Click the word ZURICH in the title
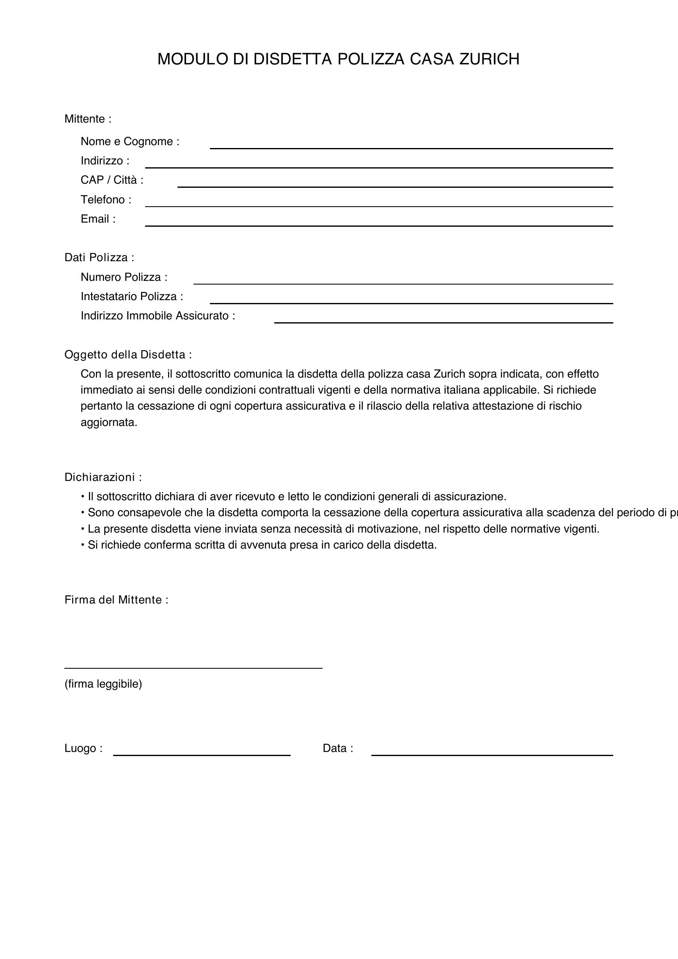coord(489,59)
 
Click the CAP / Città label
coord(112,180)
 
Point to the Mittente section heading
coord(88,119)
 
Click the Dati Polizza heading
coord(99,257)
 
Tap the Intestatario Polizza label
coord(132,296)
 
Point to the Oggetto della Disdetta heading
coord(128,355)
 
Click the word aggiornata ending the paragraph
coord(109,422)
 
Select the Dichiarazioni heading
coord(103,477)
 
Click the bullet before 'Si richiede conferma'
coord(83,545)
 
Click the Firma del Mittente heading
coord(116,600)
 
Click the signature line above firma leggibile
coord(193,668)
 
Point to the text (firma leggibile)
coord(103,684)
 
